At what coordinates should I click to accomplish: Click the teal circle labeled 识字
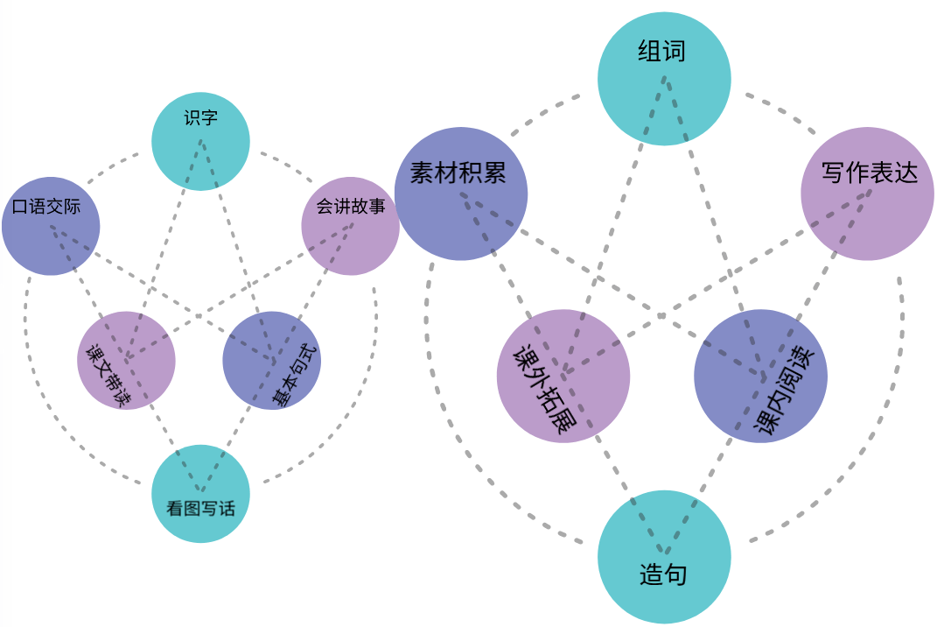[x=200, y=142]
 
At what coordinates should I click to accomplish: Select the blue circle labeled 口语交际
[x=51, y=226]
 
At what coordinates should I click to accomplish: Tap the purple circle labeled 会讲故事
[x=350, y=226]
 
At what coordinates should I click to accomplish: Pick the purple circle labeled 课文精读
[x=126, y=361]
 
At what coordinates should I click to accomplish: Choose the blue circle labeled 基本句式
[x=271, y=361]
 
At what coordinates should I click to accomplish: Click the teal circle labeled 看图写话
[x=200, y=493]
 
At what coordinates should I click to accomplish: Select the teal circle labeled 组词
[x=664, y=79]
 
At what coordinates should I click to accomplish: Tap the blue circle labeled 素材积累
[x=460, y=194]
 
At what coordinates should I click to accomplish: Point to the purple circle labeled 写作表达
[x=867, y=194]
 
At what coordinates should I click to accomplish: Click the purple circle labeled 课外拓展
[x=563, y=377]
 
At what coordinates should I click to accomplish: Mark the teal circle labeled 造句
[x=664, y=557]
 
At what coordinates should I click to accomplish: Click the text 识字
[x=200, y=118]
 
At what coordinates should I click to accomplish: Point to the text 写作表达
[x=870, y=173]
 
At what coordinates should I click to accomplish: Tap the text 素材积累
[x=458, y=173]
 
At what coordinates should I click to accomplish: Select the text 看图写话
[x=200, y=508]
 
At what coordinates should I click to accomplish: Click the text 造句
[x=663, y=575]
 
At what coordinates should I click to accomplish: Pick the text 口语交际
[x=47, y=208]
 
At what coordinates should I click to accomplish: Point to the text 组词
[x=661, y=52]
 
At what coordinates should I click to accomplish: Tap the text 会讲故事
[x=350, y=208]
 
